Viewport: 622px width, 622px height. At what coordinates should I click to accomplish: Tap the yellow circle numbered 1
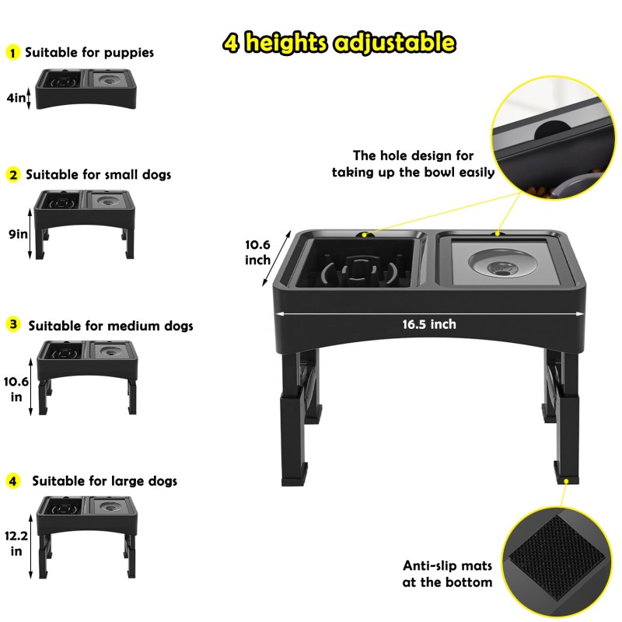12,53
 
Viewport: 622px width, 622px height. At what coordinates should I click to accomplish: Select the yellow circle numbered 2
12,175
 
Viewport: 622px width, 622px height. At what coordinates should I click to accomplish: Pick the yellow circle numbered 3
13,325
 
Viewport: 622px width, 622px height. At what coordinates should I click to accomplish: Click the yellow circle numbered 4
12,480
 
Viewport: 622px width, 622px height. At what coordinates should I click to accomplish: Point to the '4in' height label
16,98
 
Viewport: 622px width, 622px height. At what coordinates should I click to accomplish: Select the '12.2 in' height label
16,543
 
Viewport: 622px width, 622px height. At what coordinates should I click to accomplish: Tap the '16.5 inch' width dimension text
429,323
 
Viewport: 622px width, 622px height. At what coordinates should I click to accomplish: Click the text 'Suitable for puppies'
89,53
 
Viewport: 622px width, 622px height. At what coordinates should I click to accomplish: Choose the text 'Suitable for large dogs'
104,481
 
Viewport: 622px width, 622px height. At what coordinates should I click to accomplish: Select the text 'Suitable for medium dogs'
111,326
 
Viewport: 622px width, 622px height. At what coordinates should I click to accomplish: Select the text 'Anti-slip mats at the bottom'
447,574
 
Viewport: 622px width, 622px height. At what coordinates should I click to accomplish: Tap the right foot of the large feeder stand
565,470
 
